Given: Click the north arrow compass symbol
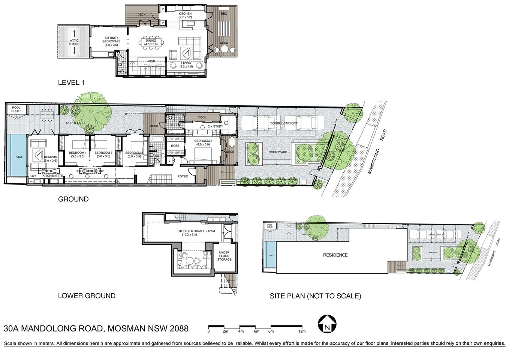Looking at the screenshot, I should click(x=327, y=324).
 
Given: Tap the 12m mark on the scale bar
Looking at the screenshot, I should click(x=302, y=331).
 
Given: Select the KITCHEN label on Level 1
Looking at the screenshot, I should click(x=185, y=14).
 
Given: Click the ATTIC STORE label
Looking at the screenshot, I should click(x=74, y=42).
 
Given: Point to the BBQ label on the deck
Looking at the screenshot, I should click(x=224, y=14).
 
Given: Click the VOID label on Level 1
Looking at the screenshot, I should click(x=151, y=61).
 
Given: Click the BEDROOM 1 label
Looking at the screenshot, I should click(x=203, y=141).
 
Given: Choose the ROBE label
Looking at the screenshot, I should click(x=175, y=145).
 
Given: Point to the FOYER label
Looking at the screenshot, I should click(x=183, y=176).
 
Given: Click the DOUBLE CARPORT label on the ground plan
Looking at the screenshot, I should click(x=283, y=123).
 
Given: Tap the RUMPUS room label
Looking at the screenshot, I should click(x=50, y=157).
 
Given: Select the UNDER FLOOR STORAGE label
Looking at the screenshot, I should click(x=224, y=256).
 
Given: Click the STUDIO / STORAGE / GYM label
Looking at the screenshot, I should click(x=191, y=231).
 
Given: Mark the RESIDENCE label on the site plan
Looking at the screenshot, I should click(x=335, y=255).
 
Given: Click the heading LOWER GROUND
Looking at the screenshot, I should click(x=87, y=296).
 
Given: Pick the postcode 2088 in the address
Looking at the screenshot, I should click(x=179, y=329).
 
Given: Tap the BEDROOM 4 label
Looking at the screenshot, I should click(x=78, y=153).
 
